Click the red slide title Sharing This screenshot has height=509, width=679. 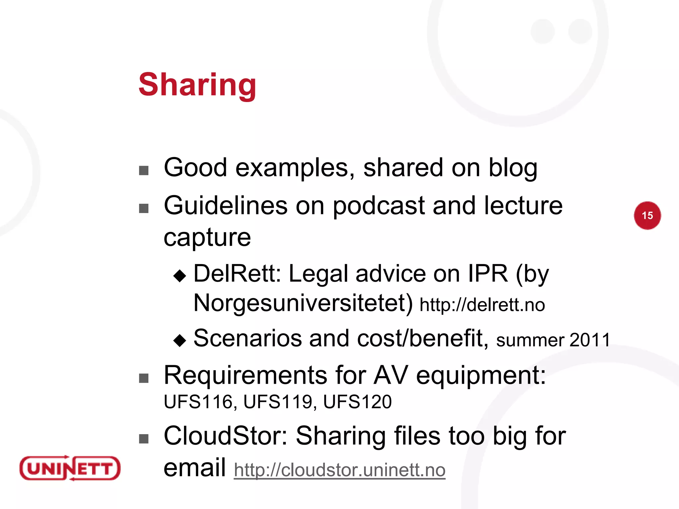[197, 85]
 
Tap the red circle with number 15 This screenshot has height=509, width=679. [647, 215]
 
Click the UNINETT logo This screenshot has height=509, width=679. [70, 468]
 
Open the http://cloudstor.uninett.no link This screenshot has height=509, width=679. [339, 470]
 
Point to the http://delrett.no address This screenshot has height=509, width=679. [482, 305]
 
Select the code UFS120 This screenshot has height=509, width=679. [357, 402]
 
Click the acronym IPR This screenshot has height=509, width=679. [488, 274]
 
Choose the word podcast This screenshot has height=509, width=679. [379, 206]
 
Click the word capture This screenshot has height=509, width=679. [207, 238]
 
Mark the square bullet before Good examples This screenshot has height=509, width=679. [144, 170]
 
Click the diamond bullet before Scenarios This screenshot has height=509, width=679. [180, 340]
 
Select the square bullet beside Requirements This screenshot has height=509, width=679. [144, 378]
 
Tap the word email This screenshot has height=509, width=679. [195, 467]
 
